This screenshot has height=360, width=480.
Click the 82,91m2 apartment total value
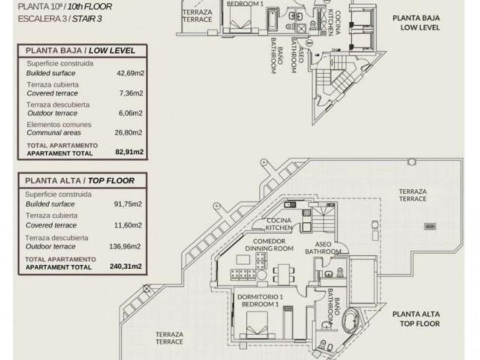pos(129,152)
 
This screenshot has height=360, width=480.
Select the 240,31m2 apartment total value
pos(126,266)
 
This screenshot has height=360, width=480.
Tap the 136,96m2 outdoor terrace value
pos(125,246)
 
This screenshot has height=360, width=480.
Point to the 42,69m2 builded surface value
pos(130,73)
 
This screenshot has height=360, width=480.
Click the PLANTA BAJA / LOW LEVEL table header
pos(80,51)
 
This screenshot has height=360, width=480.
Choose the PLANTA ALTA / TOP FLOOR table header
pos(79,181)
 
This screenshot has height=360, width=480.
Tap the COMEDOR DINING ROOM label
pos(269,245)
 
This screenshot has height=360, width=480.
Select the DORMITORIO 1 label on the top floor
pos(260,297)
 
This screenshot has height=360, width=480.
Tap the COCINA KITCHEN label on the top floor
pos(279,224)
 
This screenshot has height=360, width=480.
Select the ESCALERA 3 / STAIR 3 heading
pos(60,19)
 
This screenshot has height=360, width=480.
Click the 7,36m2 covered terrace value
pos(131,93)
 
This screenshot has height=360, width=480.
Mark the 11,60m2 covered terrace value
pos(128,225)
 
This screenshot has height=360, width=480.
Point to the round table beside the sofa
pos(262,274)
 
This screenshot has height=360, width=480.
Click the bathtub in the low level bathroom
pos(273,20)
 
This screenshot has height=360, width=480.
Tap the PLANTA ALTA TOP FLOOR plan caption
pos(417,319)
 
